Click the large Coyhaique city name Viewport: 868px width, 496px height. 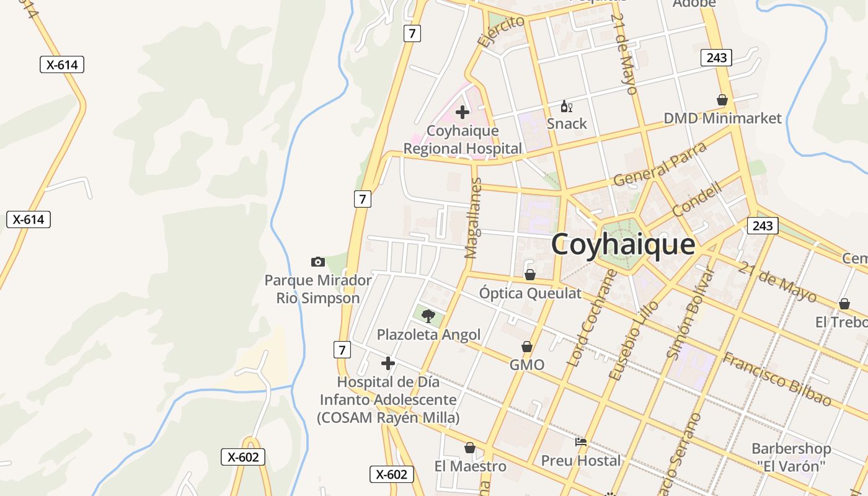[x=622, y=244]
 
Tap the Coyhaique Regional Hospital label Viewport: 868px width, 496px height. [x=463, y=139]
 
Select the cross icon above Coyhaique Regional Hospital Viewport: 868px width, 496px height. [x=462, y=112]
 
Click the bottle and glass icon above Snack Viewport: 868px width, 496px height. [x=565, y=107]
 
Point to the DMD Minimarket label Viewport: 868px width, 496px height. [x=722, y=118]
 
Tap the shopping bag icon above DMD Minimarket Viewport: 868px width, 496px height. [x=722, y=100]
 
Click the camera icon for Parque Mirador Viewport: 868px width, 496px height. [x=317, y=262]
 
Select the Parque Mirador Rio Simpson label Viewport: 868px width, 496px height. [x=318, y=289]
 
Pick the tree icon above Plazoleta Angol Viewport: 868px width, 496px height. [x=428, y=316]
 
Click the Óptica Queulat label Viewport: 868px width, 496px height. [x=530, y=293]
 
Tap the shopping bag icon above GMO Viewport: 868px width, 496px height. [x=527, y=347]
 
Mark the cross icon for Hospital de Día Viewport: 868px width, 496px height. [x=387, y=363]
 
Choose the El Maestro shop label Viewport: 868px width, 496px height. [x=470, y=466]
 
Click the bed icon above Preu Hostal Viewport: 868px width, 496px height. [x=581, y=442]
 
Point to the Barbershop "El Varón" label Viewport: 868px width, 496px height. [x=791, y=457]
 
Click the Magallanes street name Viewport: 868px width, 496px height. [x=473, y=218]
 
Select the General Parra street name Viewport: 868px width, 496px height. [x=660, y=164]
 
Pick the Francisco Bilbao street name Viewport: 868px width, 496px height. [x=776, y=378]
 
